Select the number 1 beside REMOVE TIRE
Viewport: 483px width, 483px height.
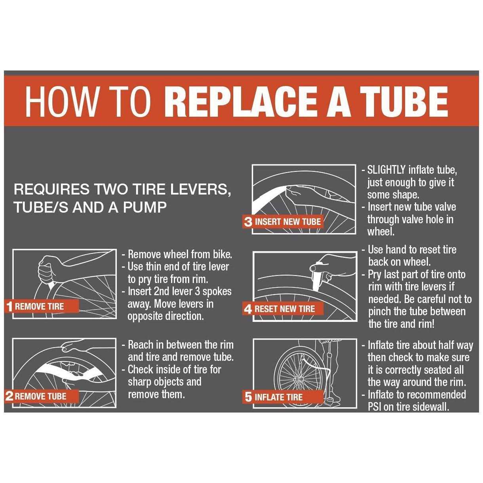10,306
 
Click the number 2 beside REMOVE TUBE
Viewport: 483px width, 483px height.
10,396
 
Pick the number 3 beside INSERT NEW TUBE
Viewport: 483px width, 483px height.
248,222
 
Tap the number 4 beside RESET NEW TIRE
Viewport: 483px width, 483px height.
248,309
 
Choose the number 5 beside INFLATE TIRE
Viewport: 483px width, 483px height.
248,397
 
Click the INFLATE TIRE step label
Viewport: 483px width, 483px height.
278,397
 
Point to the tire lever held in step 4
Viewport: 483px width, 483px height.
316,277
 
